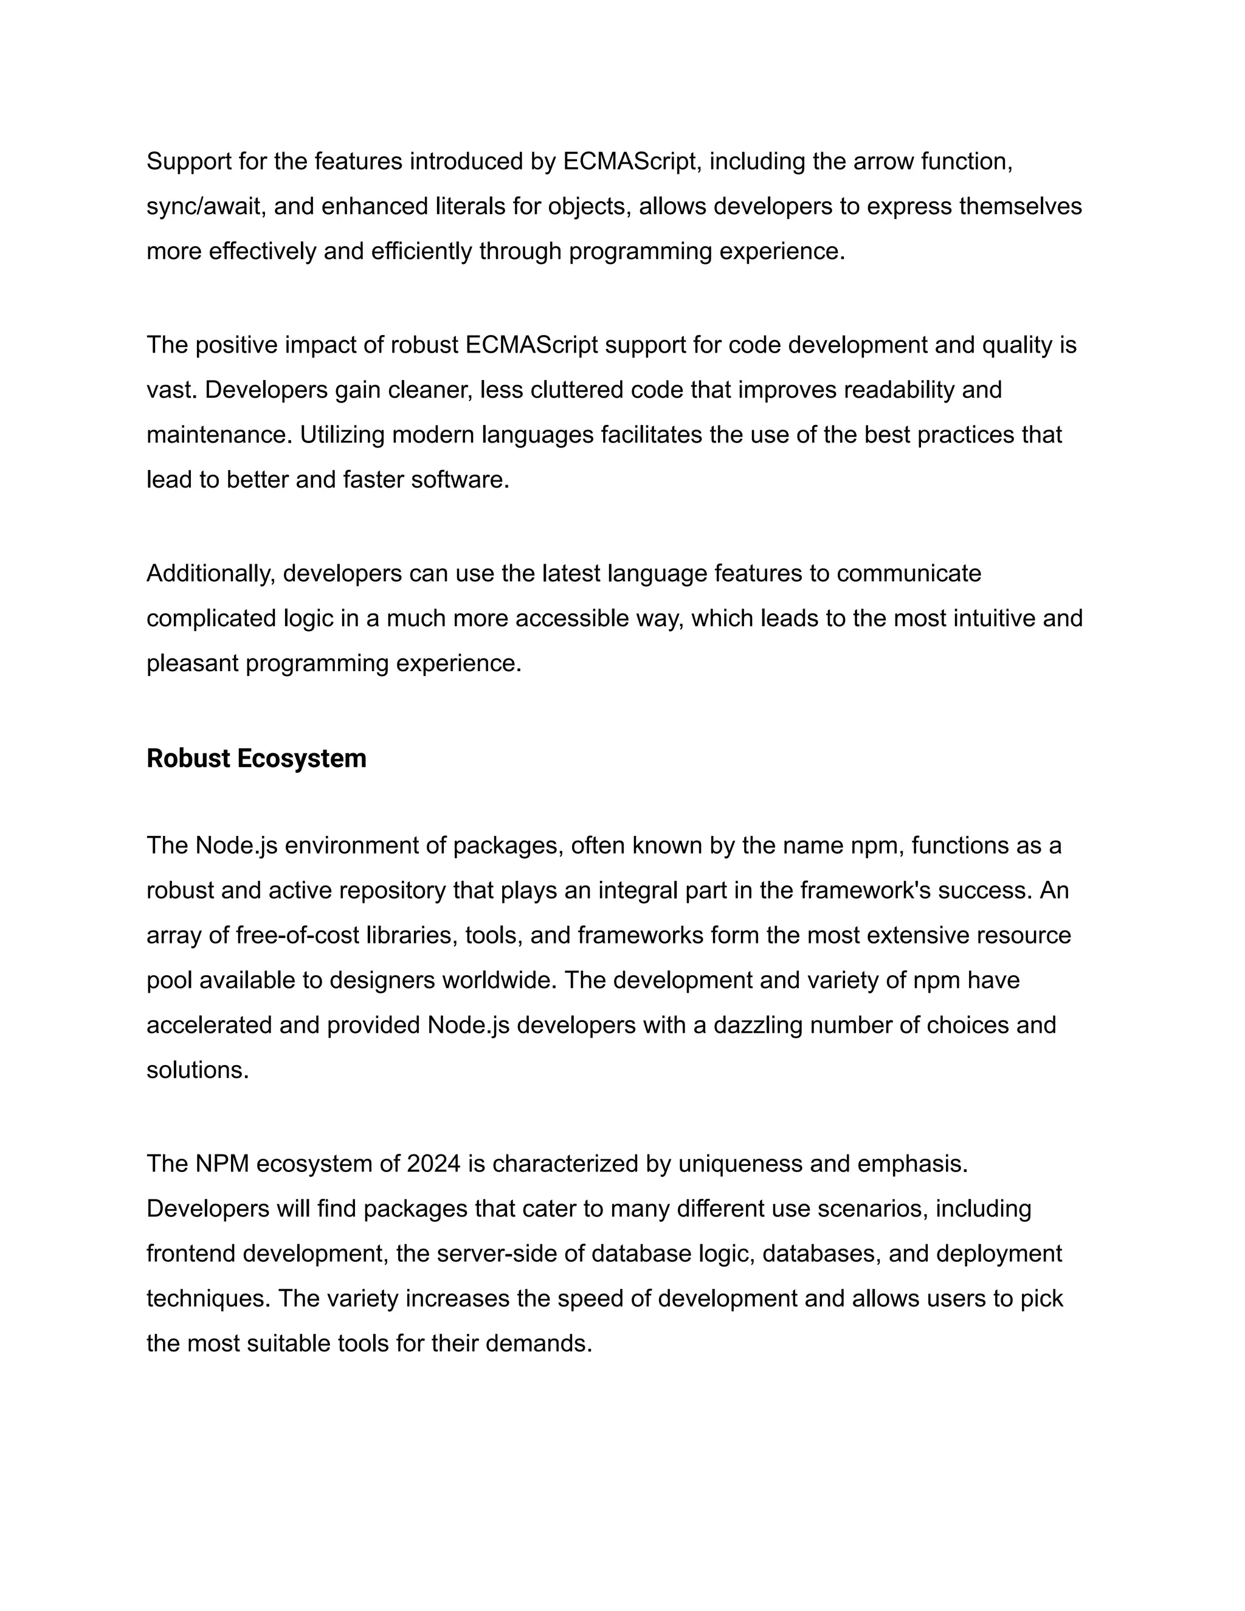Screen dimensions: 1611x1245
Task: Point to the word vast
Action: pos(171,390)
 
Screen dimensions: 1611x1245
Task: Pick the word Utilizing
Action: pos(343,435)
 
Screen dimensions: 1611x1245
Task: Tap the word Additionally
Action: pos(210,573)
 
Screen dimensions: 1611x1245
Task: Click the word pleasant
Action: pos(193,663)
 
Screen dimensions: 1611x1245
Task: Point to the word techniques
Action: pos(208,1299)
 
